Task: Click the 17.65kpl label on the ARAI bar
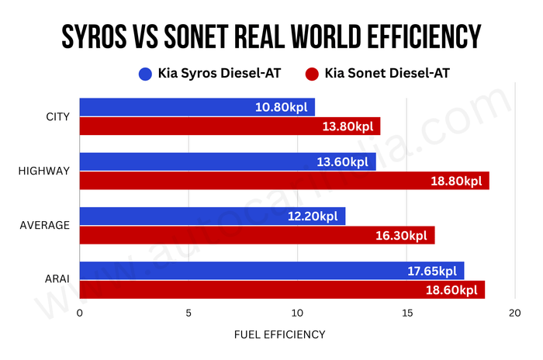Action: tap(431, 271)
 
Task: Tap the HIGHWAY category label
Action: tap(44, 171)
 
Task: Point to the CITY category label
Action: tap(57, 117)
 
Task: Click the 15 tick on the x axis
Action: tap(405, 313)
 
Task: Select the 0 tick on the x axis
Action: tap(79, 313)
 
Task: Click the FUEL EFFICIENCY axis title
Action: tap(279, 334)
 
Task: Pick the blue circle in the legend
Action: tap(144, 74)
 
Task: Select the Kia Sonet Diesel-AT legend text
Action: tap(388, 74)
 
